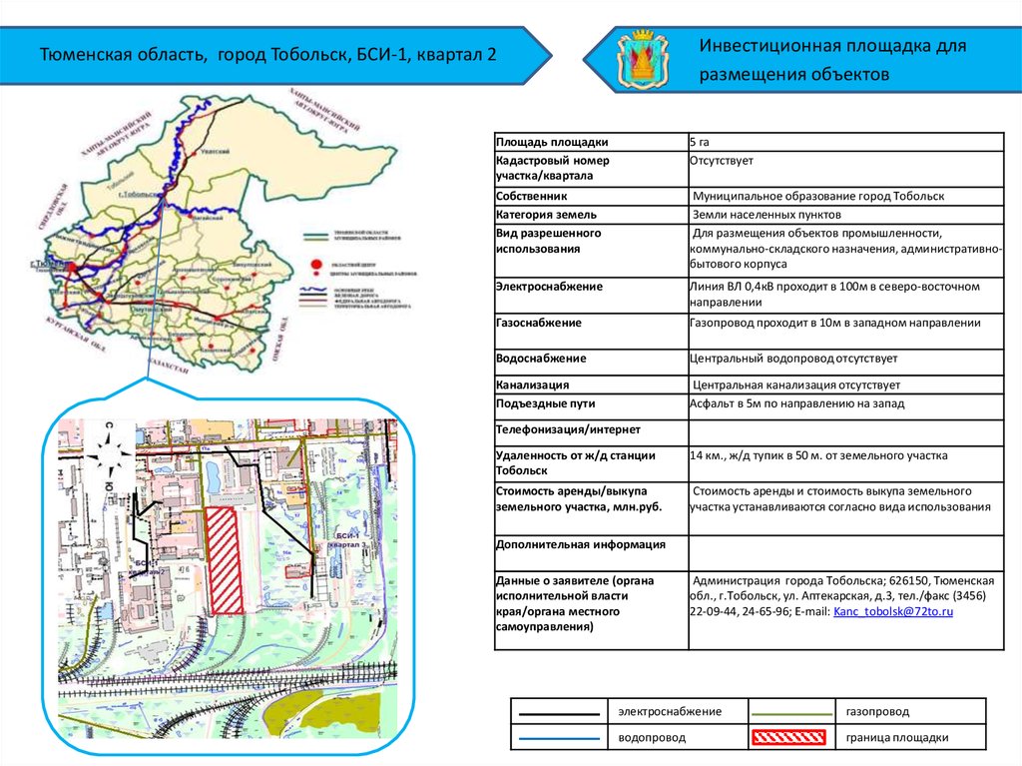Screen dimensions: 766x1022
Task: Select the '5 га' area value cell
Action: click(699, 142)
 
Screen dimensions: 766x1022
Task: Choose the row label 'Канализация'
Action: click(533, 384)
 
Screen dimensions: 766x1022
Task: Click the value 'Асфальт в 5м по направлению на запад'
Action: click(796, 403)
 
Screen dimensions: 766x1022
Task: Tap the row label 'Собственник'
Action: click(531, 197)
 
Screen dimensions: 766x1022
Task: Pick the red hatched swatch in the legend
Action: click(788, 738)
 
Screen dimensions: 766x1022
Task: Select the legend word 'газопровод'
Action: click(877, 711)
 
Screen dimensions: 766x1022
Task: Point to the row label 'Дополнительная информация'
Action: click(567, 545)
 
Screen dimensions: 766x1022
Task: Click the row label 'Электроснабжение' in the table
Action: click(549, 287)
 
